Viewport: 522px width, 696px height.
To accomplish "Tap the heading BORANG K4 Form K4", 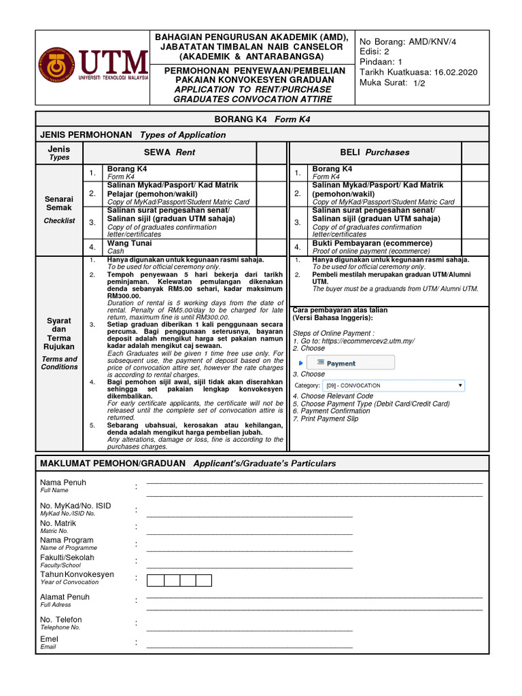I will click(261, 120).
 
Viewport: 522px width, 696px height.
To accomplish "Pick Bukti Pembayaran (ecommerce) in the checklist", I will click(372, 243).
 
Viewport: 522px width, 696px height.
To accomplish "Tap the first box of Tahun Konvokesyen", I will click(155, 580).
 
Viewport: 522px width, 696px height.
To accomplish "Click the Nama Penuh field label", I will click(63, 483).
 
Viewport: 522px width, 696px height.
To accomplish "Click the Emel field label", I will click(49, 639).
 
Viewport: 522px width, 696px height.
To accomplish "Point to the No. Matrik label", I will click(58, 523).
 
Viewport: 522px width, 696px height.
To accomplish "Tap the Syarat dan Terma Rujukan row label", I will click(59, 333).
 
